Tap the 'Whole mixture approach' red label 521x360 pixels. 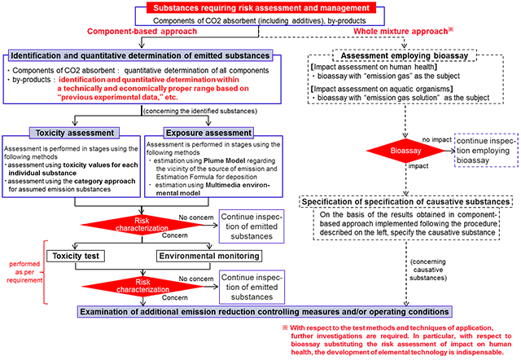pos(401,31)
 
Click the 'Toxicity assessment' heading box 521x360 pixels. pos(64,131)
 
